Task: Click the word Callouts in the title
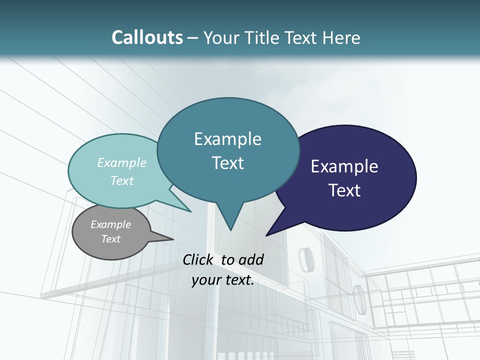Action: click(147, 38)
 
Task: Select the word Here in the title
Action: click(342, 38)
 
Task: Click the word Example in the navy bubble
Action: click(344, 166)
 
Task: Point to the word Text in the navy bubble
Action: click(344, 190)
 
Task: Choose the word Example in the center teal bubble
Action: click(227, 139)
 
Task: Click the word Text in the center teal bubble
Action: click(227, 163)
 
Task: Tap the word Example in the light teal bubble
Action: click(122, 162)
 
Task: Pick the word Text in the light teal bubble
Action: click(122, 180)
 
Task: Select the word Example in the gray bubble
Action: click(110, 224)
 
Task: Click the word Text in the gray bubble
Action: click(110, 239)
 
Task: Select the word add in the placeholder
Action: click(250, 259)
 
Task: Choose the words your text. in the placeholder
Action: click(223, 280)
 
